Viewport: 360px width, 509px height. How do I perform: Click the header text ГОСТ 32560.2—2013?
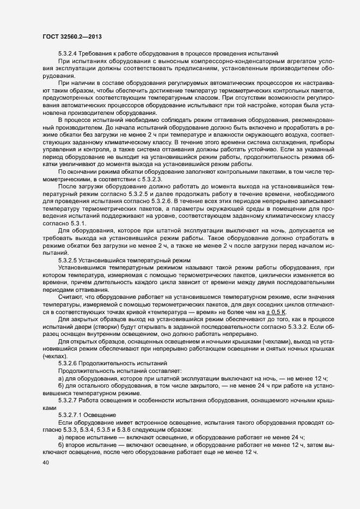(x=71, y=36)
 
